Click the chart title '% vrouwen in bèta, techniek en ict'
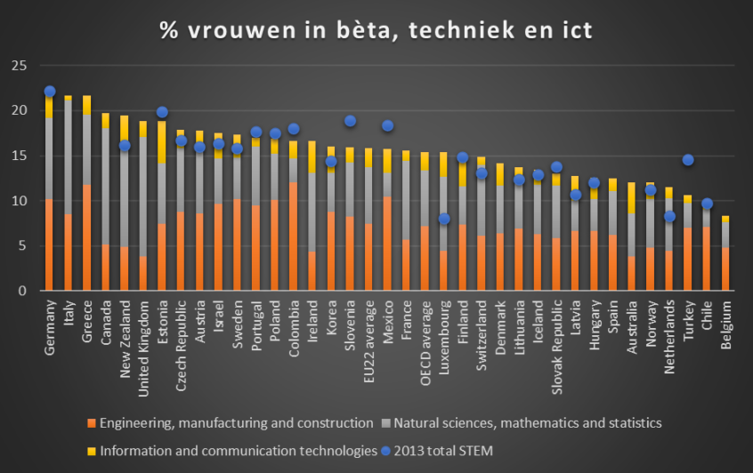376,30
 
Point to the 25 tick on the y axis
20,66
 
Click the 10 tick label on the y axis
20,201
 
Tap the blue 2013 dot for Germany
49,92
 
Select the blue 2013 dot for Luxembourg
443,219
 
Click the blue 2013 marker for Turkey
687,160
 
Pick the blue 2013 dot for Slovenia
350,121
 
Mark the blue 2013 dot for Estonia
162,112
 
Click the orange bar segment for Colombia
293,236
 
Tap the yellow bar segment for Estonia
162,142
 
